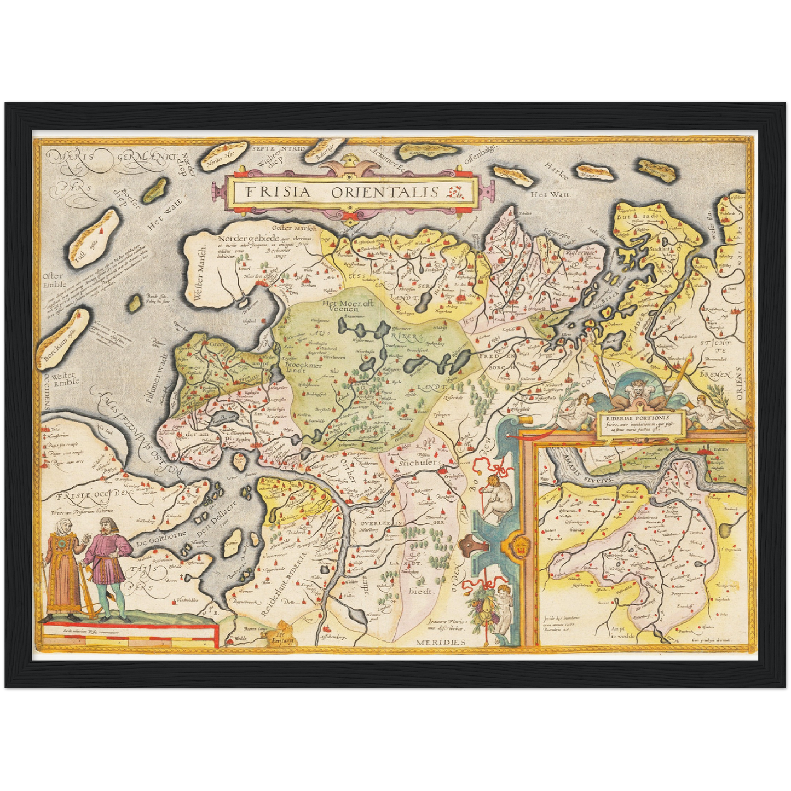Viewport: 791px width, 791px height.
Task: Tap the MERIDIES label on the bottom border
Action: [440, 642]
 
